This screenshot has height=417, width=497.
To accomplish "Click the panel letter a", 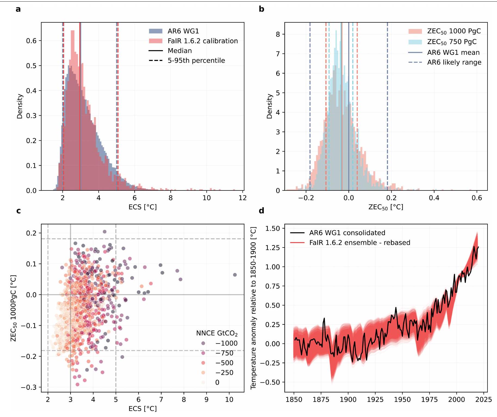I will (18, 9).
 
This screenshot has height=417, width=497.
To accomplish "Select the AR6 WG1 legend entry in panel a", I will (183, 31).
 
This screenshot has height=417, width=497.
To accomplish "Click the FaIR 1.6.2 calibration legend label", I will (203, 41).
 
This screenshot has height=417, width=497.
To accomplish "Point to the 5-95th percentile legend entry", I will (196, 60).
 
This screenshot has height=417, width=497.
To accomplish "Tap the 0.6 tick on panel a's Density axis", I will (31, 41).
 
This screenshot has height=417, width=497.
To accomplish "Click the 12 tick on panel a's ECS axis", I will (243, 198).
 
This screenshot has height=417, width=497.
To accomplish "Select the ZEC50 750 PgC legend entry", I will (452, 42).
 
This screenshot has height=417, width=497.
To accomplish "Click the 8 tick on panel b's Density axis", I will (278, 34).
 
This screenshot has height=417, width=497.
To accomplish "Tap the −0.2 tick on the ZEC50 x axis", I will (306, 198).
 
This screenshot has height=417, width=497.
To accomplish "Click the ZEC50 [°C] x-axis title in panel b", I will (386, 207).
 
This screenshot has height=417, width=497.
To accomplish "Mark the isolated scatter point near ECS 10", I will (235, 275).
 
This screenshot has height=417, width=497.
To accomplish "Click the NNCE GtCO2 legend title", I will (217, 333).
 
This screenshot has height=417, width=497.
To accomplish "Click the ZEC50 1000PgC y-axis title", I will (13, 308).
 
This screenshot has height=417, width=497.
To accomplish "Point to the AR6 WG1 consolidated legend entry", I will (347, 233).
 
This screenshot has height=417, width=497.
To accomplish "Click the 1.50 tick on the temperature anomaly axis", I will (272, 228).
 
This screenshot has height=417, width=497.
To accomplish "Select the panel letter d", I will (262, 211).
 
